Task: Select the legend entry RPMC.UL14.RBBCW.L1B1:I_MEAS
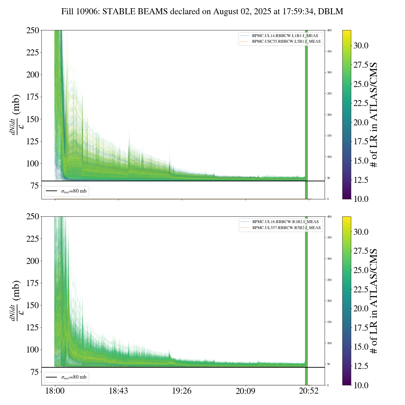click(x=285, y=36)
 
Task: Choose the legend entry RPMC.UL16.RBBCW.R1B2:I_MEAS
click(x=285, y=222)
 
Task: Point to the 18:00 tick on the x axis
click(x=55, y=391)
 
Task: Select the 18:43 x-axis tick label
click(x=118, y=391)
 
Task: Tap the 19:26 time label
click(x=182, y=391)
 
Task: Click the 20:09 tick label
click(x=246, y=391)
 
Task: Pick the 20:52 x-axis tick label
click(x=309, y=391)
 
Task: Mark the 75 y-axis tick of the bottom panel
click(x=34, y=372)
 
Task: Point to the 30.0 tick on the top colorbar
click(x=361, y=46)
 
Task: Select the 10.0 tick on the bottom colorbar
click(x=361, y=385)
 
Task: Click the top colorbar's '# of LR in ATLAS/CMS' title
click(x=374, y=115)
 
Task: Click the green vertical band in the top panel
click(x=306, y=111)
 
